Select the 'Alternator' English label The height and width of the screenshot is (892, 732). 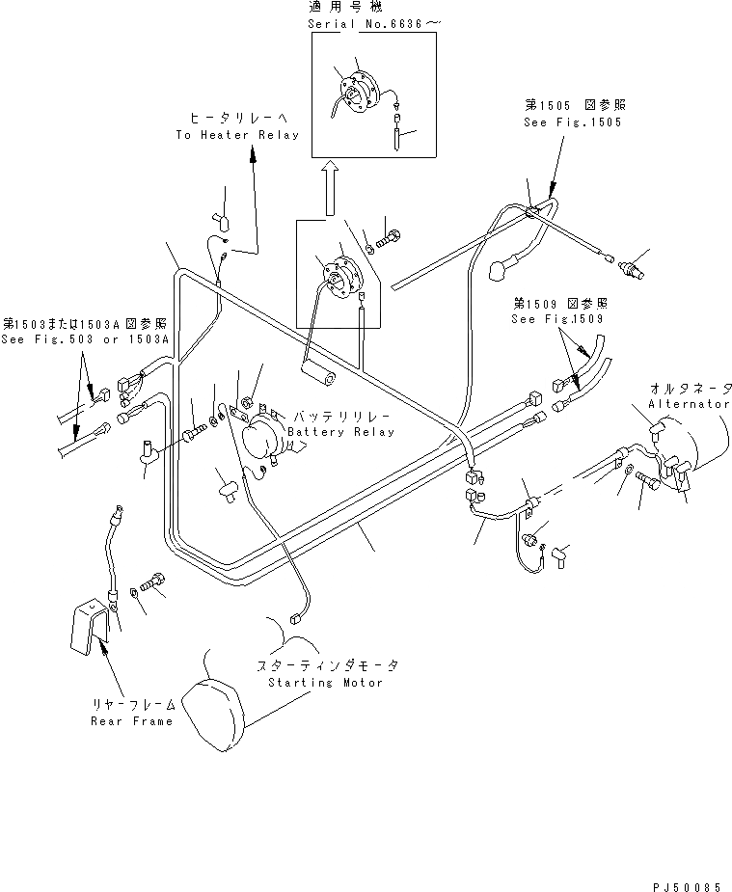[x=689, y=404]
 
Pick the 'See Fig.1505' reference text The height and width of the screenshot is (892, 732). [x=573, y=123]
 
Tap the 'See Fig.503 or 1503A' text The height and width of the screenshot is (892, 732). [x=85, y=338]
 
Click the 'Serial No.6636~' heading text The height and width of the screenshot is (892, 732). [x=370, y=22]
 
